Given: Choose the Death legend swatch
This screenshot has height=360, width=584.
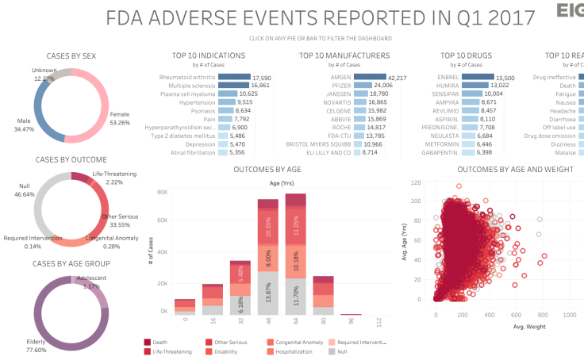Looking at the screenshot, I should pos(148,342).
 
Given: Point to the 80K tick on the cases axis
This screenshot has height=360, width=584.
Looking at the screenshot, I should pos(161,192).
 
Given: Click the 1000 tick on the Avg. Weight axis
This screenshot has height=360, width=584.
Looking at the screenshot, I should pos(569,315).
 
